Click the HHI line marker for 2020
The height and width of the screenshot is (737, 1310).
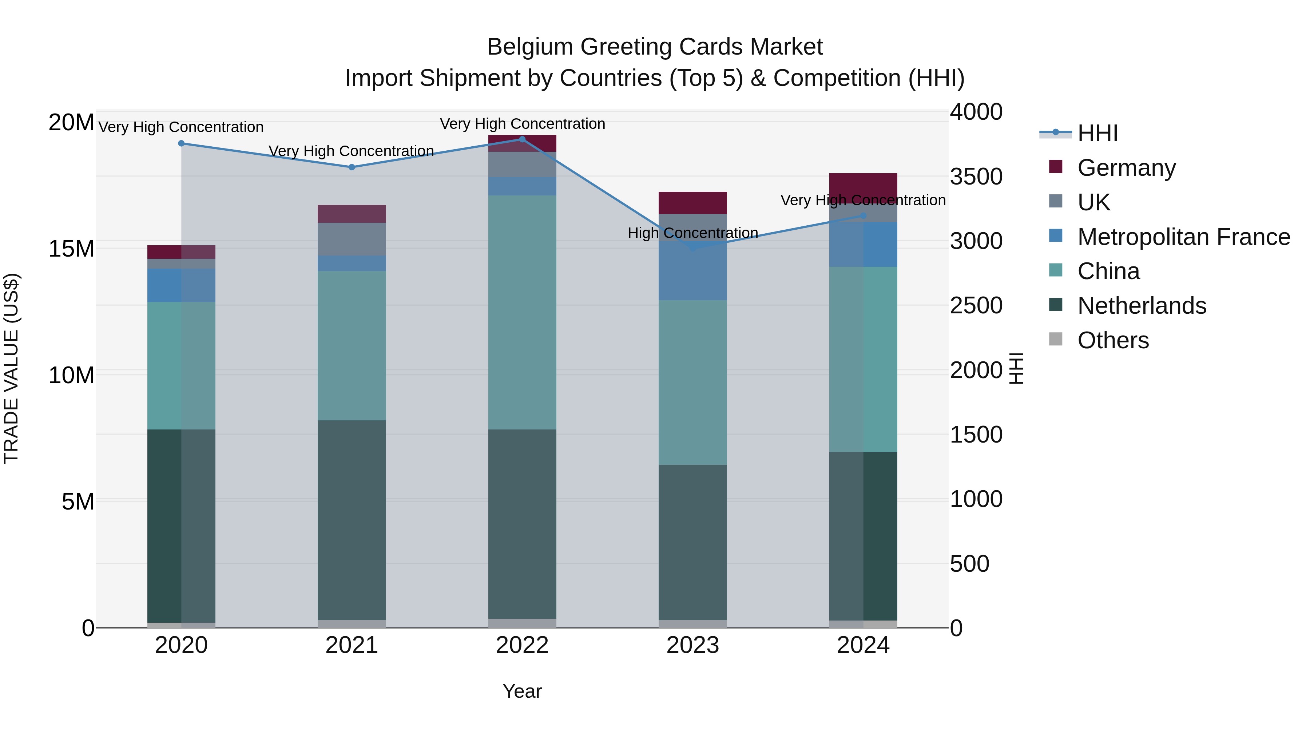coord(181,143)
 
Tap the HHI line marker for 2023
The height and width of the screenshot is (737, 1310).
coord(692,247)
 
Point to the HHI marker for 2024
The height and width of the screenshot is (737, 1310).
coord(863,216)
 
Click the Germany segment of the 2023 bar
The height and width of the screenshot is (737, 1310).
coord(692,203)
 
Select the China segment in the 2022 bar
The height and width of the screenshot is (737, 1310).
coord(522,312)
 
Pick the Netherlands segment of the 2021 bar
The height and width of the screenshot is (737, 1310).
coord(352,520)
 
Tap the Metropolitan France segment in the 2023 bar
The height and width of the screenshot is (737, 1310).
coord(692,257)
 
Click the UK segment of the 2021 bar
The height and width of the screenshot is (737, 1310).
coord(352,239)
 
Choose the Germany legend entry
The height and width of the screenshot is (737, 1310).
coord(1126,168)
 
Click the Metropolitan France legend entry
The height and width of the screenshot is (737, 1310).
coord(1183,237)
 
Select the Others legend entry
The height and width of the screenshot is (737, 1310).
coord(1113,340)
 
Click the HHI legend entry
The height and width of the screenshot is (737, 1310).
coord(1097,133)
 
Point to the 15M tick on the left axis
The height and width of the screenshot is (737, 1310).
coord(71,249)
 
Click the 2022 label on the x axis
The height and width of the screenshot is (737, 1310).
coord(522,645)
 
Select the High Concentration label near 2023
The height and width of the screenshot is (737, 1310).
coord(692,233)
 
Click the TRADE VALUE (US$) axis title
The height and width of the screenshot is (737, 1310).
coord(11,368)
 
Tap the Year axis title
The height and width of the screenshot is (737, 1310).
coord(522,691)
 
